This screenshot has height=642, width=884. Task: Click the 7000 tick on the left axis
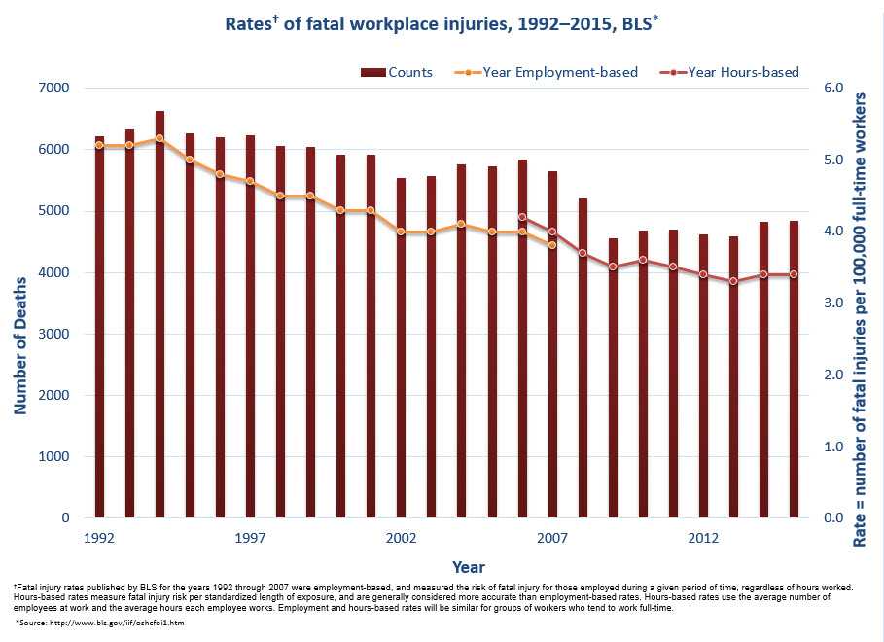[54, 89]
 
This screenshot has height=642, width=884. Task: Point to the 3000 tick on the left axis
[54, 334]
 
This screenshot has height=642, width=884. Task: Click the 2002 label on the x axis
[401, 538]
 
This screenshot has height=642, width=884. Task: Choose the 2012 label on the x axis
[703, 538]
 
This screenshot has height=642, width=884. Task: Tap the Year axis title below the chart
[468, 566]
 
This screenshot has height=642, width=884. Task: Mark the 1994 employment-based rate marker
[159, 138]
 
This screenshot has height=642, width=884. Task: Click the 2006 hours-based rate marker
[522, 217]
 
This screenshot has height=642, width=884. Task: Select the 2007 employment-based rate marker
[552, 245]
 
